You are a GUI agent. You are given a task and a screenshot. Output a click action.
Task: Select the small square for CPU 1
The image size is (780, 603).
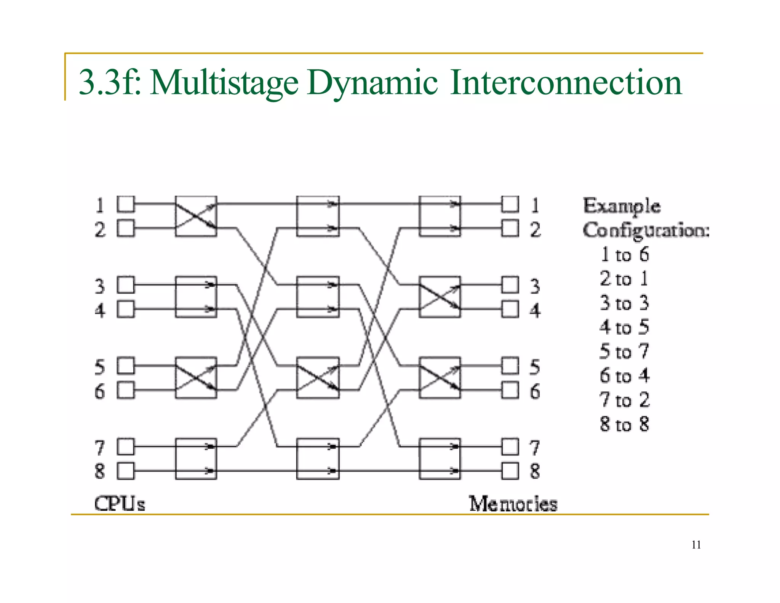point(125,204)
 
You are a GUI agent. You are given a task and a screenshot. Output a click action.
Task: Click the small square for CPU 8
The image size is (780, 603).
point(125,471)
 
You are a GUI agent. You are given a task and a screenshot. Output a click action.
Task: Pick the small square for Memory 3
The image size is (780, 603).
point(510,285)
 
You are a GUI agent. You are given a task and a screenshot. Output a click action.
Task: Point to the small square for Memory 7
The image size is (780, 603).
point(510,446)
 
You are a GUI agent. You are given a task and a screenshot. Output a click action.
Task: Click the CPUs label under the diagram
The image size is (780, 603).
point(120,504)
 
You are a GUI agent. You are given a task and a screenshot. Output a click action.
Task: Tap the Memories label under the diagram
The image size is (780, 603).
point(513,504)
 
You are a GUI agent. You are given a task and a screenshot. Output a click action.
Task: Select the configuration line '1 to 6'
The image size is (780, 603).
point(624,255)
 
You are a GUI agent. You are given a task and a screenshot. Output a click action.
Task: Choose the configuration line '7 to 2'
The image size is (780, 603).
point(624,400)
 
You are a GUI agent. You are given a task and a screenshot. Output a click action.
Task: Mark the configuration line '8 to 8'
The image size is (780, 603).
point(624,424)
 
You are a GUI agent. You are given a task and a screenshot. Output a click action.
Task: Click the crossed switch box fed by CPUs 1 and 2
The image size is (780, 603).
point(196,216)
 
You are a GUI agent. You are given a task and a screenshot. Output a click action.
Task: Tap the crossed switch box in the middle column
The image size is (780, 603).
point(318,378)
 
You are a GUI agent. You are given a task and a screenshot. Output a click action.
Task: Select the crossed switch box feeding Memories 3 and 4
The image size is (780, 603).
point(440,297)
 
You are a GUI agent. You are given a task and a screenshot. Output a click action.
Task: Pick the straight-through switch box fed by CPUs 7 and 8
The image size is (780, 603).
point(196,459)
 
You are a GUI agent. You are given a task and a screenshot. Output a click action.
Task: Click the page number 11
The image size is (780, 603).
point(696,545)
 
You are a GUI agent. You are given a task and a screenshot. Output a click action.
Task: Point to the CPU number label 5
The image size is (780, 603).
point(99,367)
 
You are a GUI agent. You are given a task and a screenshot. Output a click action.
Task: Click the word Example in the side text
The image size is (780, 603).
point(622,206)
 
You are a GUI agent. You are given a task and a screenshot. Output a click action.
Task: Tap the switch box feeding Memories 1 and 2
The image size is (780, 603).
point(440,216)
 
